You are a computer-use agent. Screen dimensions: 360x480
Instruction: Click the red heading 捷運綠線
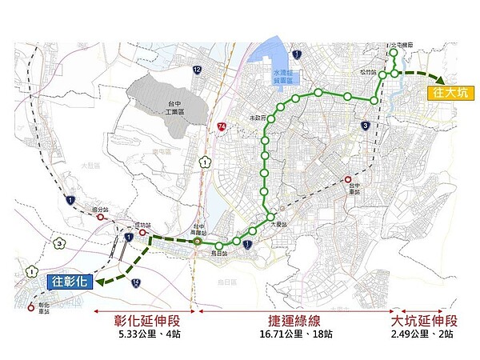294,320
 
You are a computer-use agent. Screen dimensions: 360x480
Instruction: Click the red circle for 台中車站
348,179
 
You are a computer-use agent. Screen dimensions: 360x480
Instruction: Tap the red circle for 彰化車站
31,305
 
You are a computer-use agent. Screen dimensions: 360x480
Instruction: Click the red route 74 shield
222,126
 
